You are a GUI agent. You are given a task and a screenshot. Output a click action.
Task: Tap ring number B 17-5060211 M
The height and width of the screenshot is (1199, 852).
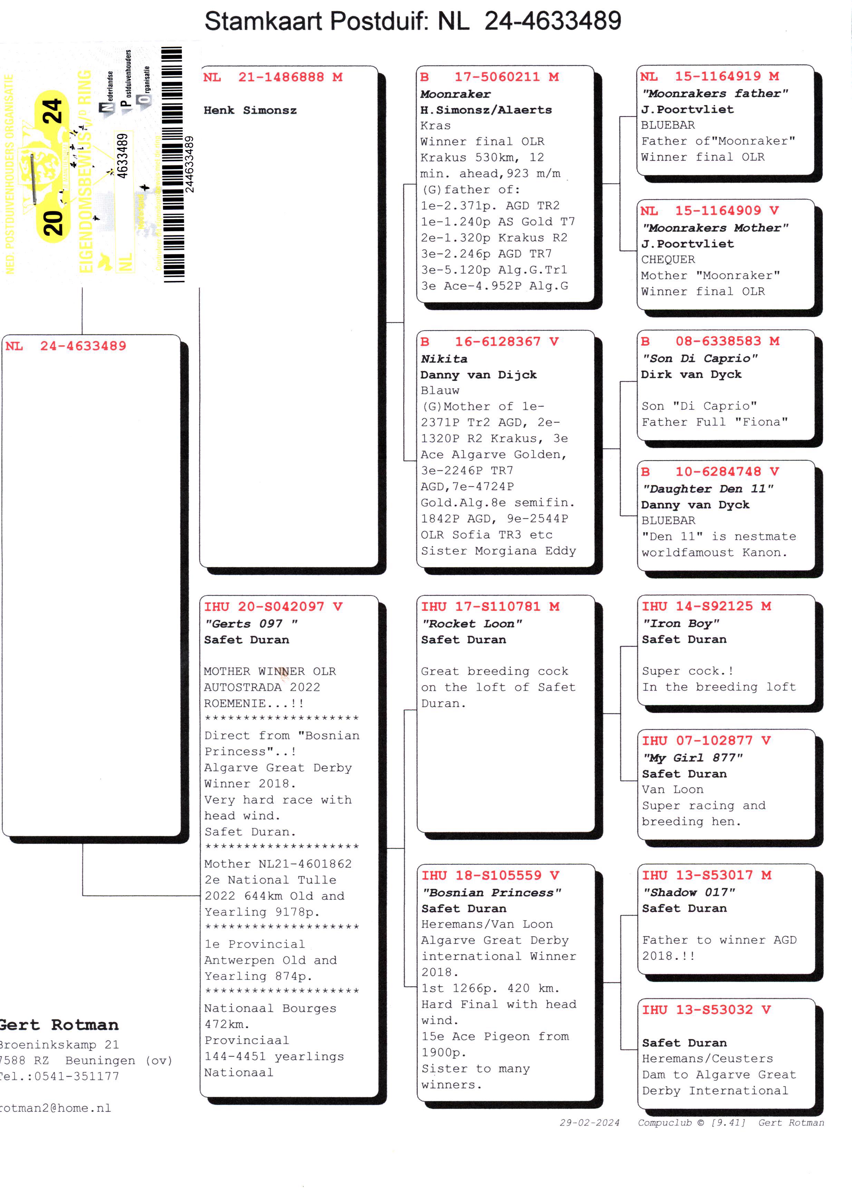tap(489, 77)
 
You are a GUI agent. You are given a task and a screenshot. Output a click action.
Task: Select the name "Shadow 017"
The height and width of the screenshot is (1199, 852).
tap(689, 892)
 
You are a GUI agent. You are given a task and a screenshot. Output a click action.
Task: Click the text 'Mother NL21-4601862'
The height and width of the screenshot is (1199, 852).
tap(278, 864)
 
